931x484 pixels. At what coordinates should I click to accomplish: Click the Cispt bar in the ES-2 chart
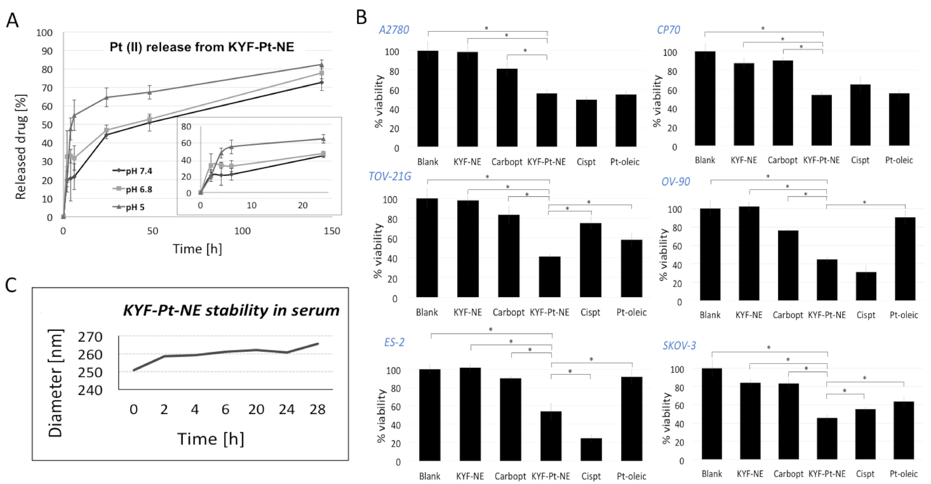click(591, 449)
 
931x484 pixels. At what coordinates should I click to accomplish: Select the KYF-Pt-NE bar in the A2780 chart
click(546, 120)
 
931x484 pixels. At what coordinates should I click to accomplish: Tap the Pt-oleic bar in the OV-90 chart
click(905, 259)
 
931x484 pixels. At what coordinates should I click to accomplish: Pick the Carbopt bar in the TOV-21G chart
click(509, 256)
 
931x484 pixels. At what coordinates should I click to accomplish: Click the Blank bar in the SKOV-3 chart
click(712, 414)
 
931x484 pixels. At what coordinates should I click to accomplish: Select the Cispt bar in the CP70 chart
click(860, 115)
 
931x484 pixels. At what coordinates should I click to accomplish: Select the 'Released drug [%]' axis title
click(21, 147)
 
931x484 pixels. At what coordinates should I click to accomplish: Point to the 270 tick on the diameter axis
click(90, 337)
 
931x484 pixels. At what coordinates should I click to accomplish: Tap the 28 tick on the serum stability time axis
click(317, 410)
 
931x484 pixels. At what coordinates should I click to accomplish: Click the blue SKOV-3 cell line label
click(679, 345)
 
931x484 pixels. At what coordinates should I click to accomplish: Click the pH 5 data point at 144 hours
click(322, 65)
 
